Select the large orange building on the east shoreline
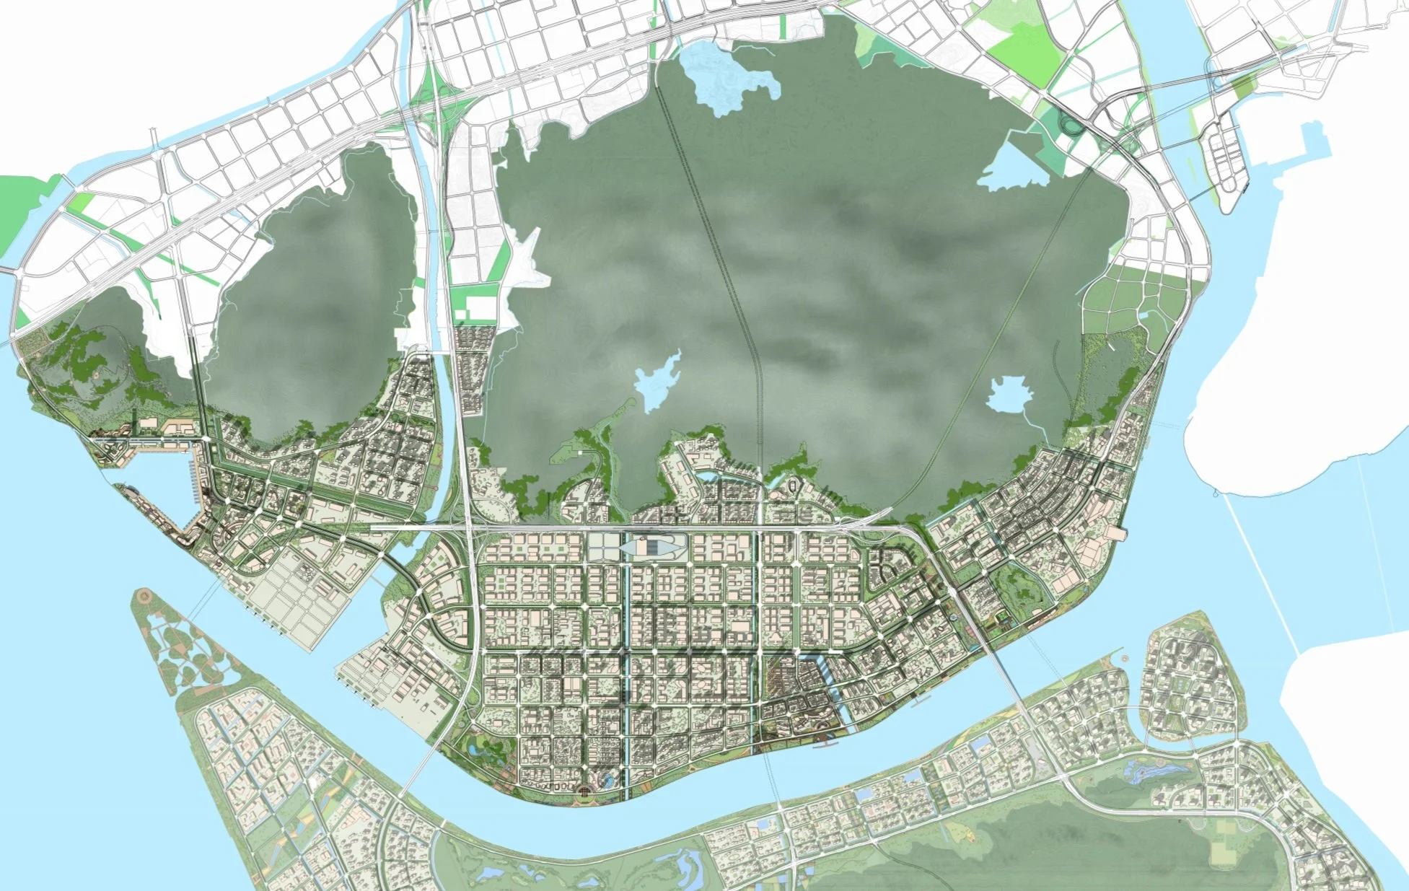coord(1115,532)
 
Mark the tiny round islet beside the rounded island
coord(1125,659)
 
